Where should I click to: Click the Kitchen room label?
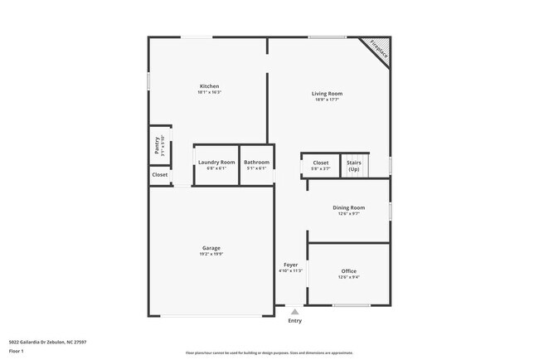coord(209,86)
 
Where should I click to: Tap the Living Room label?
coord(327,94)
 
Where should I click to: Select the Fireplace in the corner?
coord(379,49)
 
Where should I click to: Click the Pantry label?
coord(158,145)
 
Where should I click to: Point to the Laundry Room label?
coord(216,163)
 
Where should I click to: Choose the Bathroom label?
coord(256,163)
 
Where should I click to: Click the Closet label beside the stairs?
coord(320,163)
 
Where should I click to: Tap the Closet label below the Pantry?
coord(159,175)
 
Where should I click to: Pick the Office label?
coord(348,271)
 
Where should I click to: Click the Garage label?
coord(211,248)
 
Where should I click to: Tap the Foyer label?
coord(290,265)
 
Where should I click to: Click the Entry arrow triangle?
coord(294,312)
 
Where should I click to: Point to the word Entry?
coord(294,321)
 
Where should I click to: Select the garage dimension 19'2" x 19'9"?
coord(211,254)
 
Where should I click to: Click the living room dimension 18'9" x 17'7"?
coord(327,100)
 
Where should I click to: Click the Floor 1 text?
coord(17,351)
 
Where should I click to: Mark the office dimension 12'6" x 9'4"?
coord(348,277)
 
